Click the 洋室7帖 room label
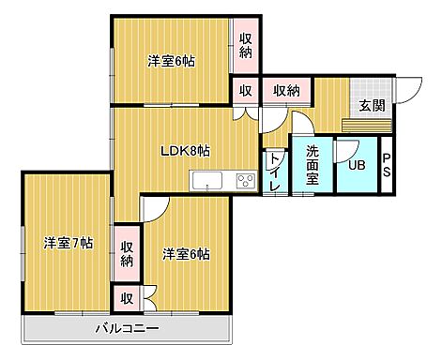click(68, 243)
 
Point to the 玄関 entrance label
click(372, 106)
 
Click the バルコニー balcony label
click(127, 329)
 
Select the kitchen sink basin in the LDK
click(206, 180)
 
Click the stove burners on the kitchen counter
click(245, 180)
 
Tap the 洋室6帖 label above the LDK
click(170, 62)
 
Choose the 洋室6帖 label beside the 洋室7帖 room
click(185, 253)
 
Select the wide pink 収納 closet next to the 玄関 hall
click(286, 90)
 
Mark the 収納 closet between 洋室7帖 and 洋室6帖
click(127, 253)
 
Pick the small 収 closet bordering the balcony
click(126, 299)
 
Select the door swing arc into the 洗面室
click(301, 124)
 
